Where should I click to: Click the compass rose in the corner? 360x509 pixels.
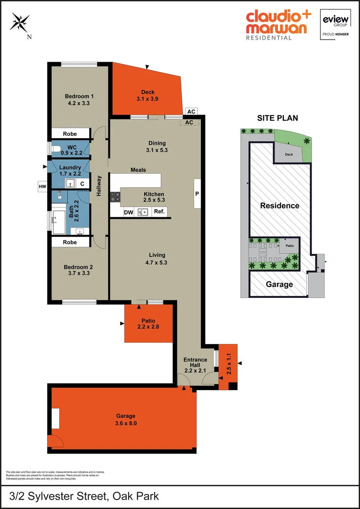pos(20,23)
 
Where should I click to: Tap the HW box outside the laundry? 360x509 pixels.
pos(42,187)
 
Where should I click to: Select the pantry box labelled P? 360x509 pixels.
pos(196,193)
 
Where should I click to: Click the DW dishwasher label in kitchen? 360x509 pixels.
pos(128,212)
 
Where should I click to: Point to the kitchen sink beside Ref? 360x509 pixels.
pos(143,212)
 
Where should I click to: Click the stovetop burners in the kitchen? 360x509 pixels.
pos(115,197)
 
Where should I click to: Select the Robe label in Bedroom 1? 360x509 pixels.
pos(70,134)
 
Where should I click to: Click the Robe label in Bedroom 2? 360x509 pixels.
pos(70,242)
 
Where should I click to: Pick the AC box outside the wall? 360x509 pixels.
pos(191,112)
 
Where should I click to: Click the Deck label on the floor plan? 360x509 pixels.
pos(148,92)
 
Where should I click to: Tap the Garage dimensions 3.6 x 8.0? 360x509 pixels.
pos(126,423)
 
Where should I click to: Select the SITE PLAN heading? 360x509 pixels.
pos(277,118)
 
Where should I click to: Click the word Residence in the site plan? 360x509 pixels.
pos(279,205)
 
